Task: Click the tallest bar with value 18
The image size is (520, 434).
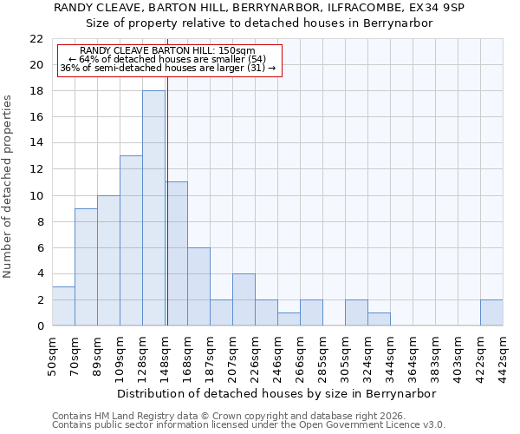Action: tap(153, 208)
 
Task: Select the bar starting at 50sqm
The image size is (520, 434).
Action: tap(63, 306)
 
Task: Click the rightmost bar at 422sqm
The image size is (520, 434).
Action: tap(491, 312)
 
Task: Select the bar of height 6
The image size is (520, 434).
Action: tap(198, 286)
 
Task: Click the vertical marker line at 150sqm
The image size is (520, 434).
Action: tap(167, 200)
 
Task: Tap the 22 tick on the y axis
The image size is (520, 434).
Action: tap(36, 39)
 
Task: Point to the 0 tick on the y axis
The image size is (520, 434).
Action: tap(40, 325)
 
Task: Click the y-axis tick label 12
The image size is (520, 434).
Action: tap(36, 169)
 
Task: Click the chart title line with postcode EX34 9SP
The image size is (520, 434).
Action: tap(259, 8)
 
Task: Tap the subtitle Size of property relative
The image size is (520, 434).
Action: tap(259, 23)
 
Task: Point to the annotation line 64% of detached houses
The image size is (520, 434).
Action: tap(167, 59)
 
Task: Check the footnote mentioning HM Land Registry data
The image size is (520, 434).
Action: tap(233, 417)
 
